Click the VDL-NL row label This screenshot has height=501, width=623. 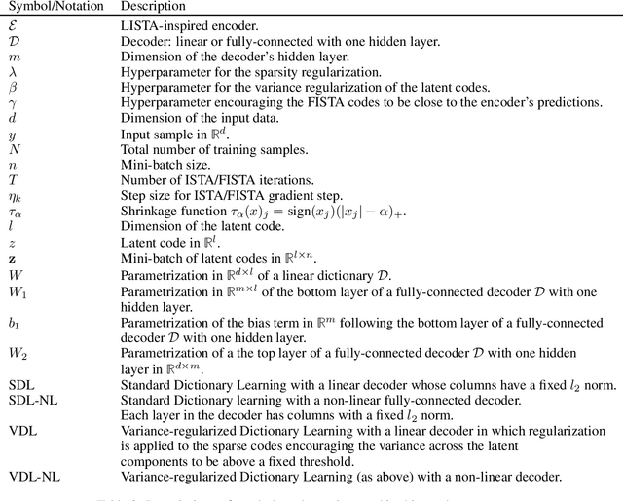(x=31, y=478)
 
